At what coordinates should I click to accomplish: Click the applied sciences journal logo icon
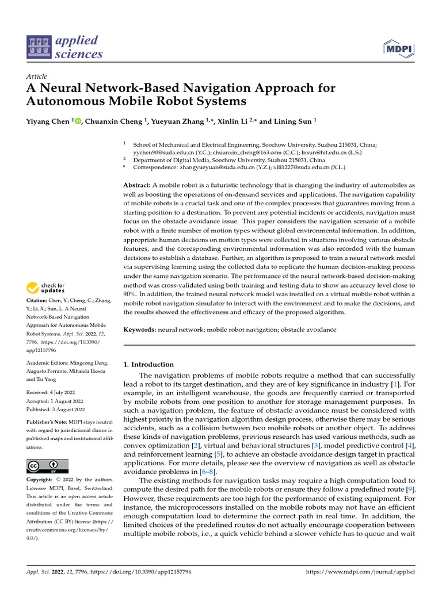(x=38, y=48)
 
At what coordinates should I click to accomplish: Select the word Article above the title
(x=37, y=77)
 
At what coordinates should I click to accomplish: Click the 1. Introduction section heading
(x=148, y=364)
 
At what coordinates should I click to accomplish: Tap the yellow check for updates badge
(x=46, y=288)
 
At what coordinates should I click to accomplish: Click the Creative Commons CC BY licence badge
(x=47, y=466)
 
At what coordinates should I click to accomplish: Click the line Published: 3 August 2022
(x=56, y=410)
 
